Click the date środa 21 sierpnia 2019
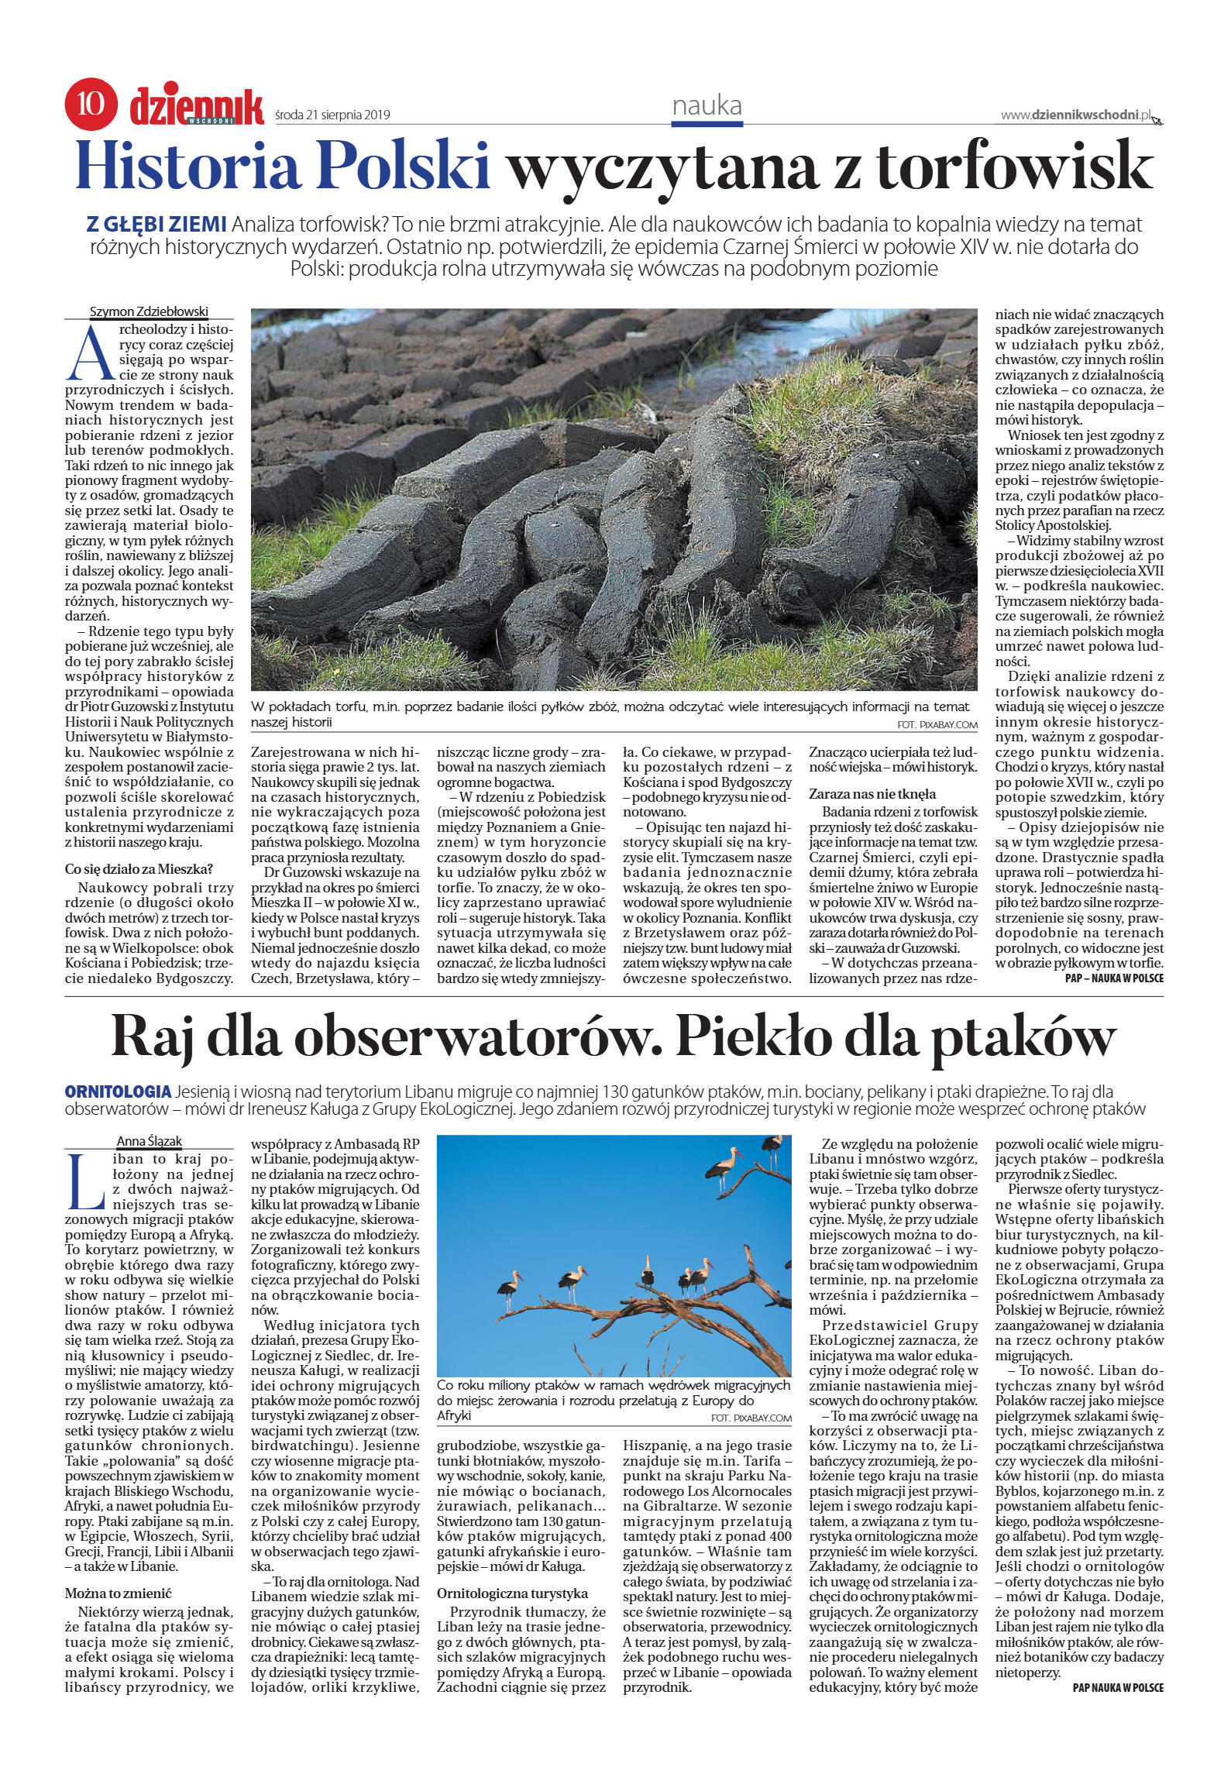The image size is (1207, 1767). click(x=332, y=115)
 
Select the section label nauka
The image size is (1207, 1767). click(x=707, y=105)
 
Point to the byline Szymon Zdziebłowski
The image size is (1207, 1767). click(x=150, y=311)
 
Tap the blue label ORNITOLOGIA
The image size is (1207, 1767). click(x=119, y=1091)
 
